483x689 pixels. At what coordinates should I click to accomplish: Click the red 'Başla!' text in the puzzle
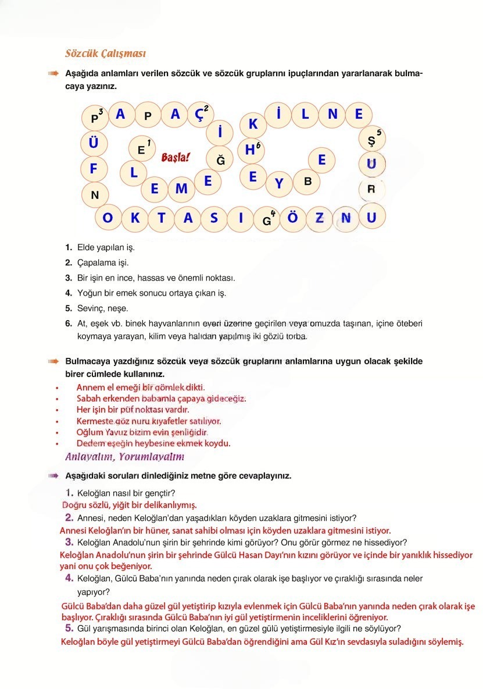pyautogui.click(x=175, y=157)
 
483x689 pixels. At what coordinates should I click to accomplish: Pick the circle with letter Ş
pyautogui.click(x=371, y=140)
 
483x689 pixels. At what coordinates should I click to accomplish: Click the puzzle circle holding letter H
pyautogui.click(x=251, y=150)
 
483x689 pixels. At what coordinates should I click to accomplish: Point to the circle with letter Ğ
pyautogui.click(x=220, y=160)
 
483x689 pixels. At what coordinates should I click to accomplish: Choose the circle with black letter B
pyautogui.click(x=307, y=182)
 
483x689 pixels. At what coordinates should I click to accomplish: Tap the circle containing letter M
pyautogui.click(x=181, y=189)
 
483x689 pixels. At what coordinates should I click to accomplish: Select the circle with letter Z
pyautogui.click(x=320, y=218)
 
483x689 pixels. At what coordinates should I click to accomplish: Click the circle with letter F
pyautogui.click(x=94, y=169)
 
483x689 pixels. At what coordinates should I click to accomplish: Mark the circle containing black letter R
pyautogui.click(x=371, y=189)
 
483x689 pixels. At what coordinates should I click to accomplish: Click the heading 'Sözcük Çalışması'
pyautogui.click(x=105, y=54)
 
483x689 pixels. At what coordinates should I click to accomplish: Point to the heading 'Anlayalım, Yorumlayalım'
pyautogui.click(x=124, y=456)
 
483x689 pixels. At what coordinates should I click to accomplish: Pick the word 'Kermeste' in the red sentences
pyautogui.click(x=94, y=421)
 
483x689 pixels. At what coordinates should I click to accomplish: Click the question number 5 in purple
pyautogui.click(x=69, y=628)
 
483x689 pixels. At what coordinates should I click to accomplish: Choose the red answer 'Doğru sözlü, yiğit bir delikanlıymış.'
pyautogui.click(x=130, y=505)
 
